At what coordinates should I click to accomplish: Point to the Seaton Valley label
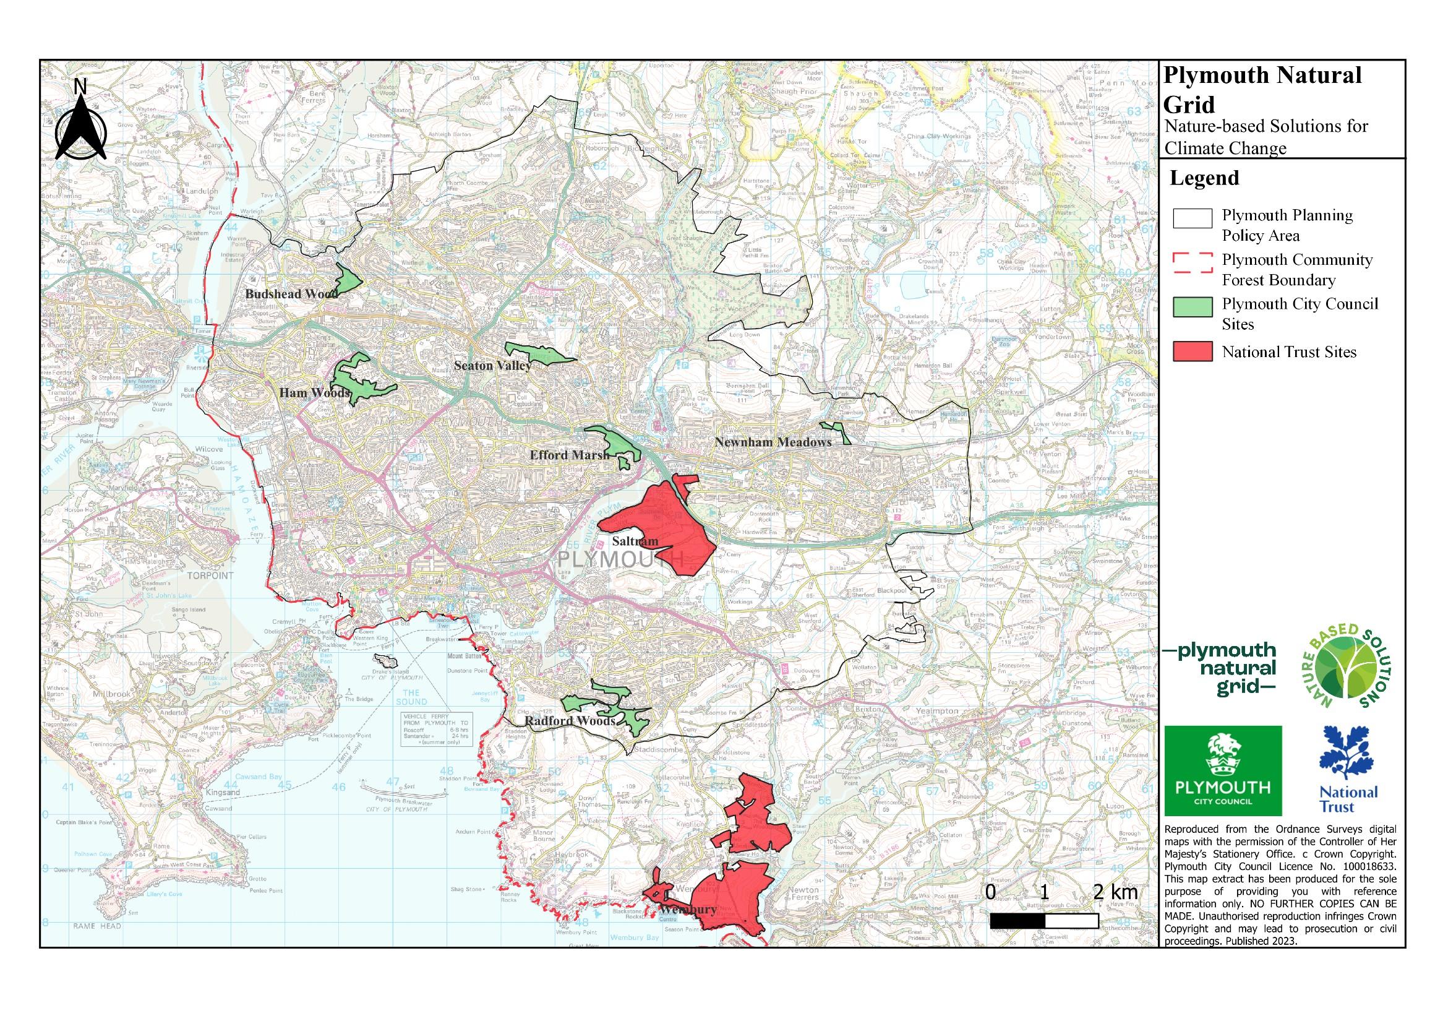(x=493, y=365)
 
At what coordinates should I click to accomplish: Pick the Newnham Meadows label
(x=773, y=442)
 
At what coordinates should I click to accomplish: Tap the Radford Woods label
(x=570, y=721)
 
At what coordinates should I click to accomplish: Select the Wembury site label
(x=688, y=909)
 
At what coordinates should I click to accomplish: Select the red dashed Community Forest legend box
(x=1193, y=263)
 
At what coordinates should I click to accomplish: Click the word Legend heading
(x=1204, y=178)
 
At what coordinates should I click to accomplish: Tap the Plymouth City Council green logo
(x=1222, y=771)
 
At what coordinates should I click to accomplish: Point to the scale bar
(x=1044, y=921)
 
